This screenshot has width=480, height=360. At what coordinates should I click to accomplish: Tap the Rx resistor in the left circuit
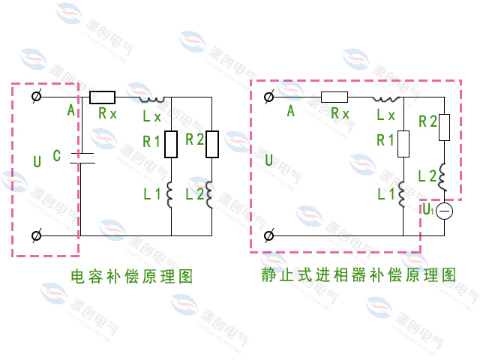pyautogui.click(x=102, y=97)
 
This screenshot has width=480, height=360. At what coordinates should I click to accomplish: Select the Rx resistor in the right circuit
pyautogui.click(x=334, y=97)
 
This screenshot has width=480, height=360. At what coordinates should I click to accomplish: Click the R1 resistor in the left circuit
pyautogui.click(x=171, y=143)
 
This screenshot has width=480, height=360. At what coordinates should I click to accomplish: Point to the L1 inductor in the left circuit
pyautogui.click(x=171, y=194)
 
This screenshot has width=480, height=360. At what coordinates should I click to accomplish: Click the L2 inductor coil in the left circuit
pyautogui.click(x=211, y=194)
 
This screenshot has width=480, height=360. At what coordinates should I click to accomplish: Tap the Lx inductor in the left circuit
pyautogui.click(x=151, y=98)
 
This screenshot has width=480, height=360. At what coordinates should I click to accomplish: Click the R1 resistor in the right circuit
pyautogui.click(x=403, y=143)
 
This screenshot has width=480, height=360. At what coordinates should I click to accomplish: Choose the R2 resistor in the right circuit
pyautogui.click(x=444, y=127)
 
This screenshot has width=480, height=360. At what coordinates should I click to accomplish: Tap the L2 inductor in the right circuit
pyautogui.click(x=444, y=178)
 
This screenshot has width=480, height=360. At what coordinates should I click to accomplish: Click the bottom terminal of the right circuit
pyautogui.click(x=269, y=235)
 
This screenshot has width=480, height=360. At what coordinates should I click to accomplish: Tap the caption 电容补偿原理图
pyautogui.click(x=132, y=276)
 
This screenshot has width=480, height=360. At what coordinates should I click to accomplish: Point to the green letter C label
pyautogui.click(x=57, y=156)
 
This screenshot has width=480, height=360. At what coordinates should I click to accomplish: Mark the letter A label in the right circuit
pyautogui.click(x=291, y=112)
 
